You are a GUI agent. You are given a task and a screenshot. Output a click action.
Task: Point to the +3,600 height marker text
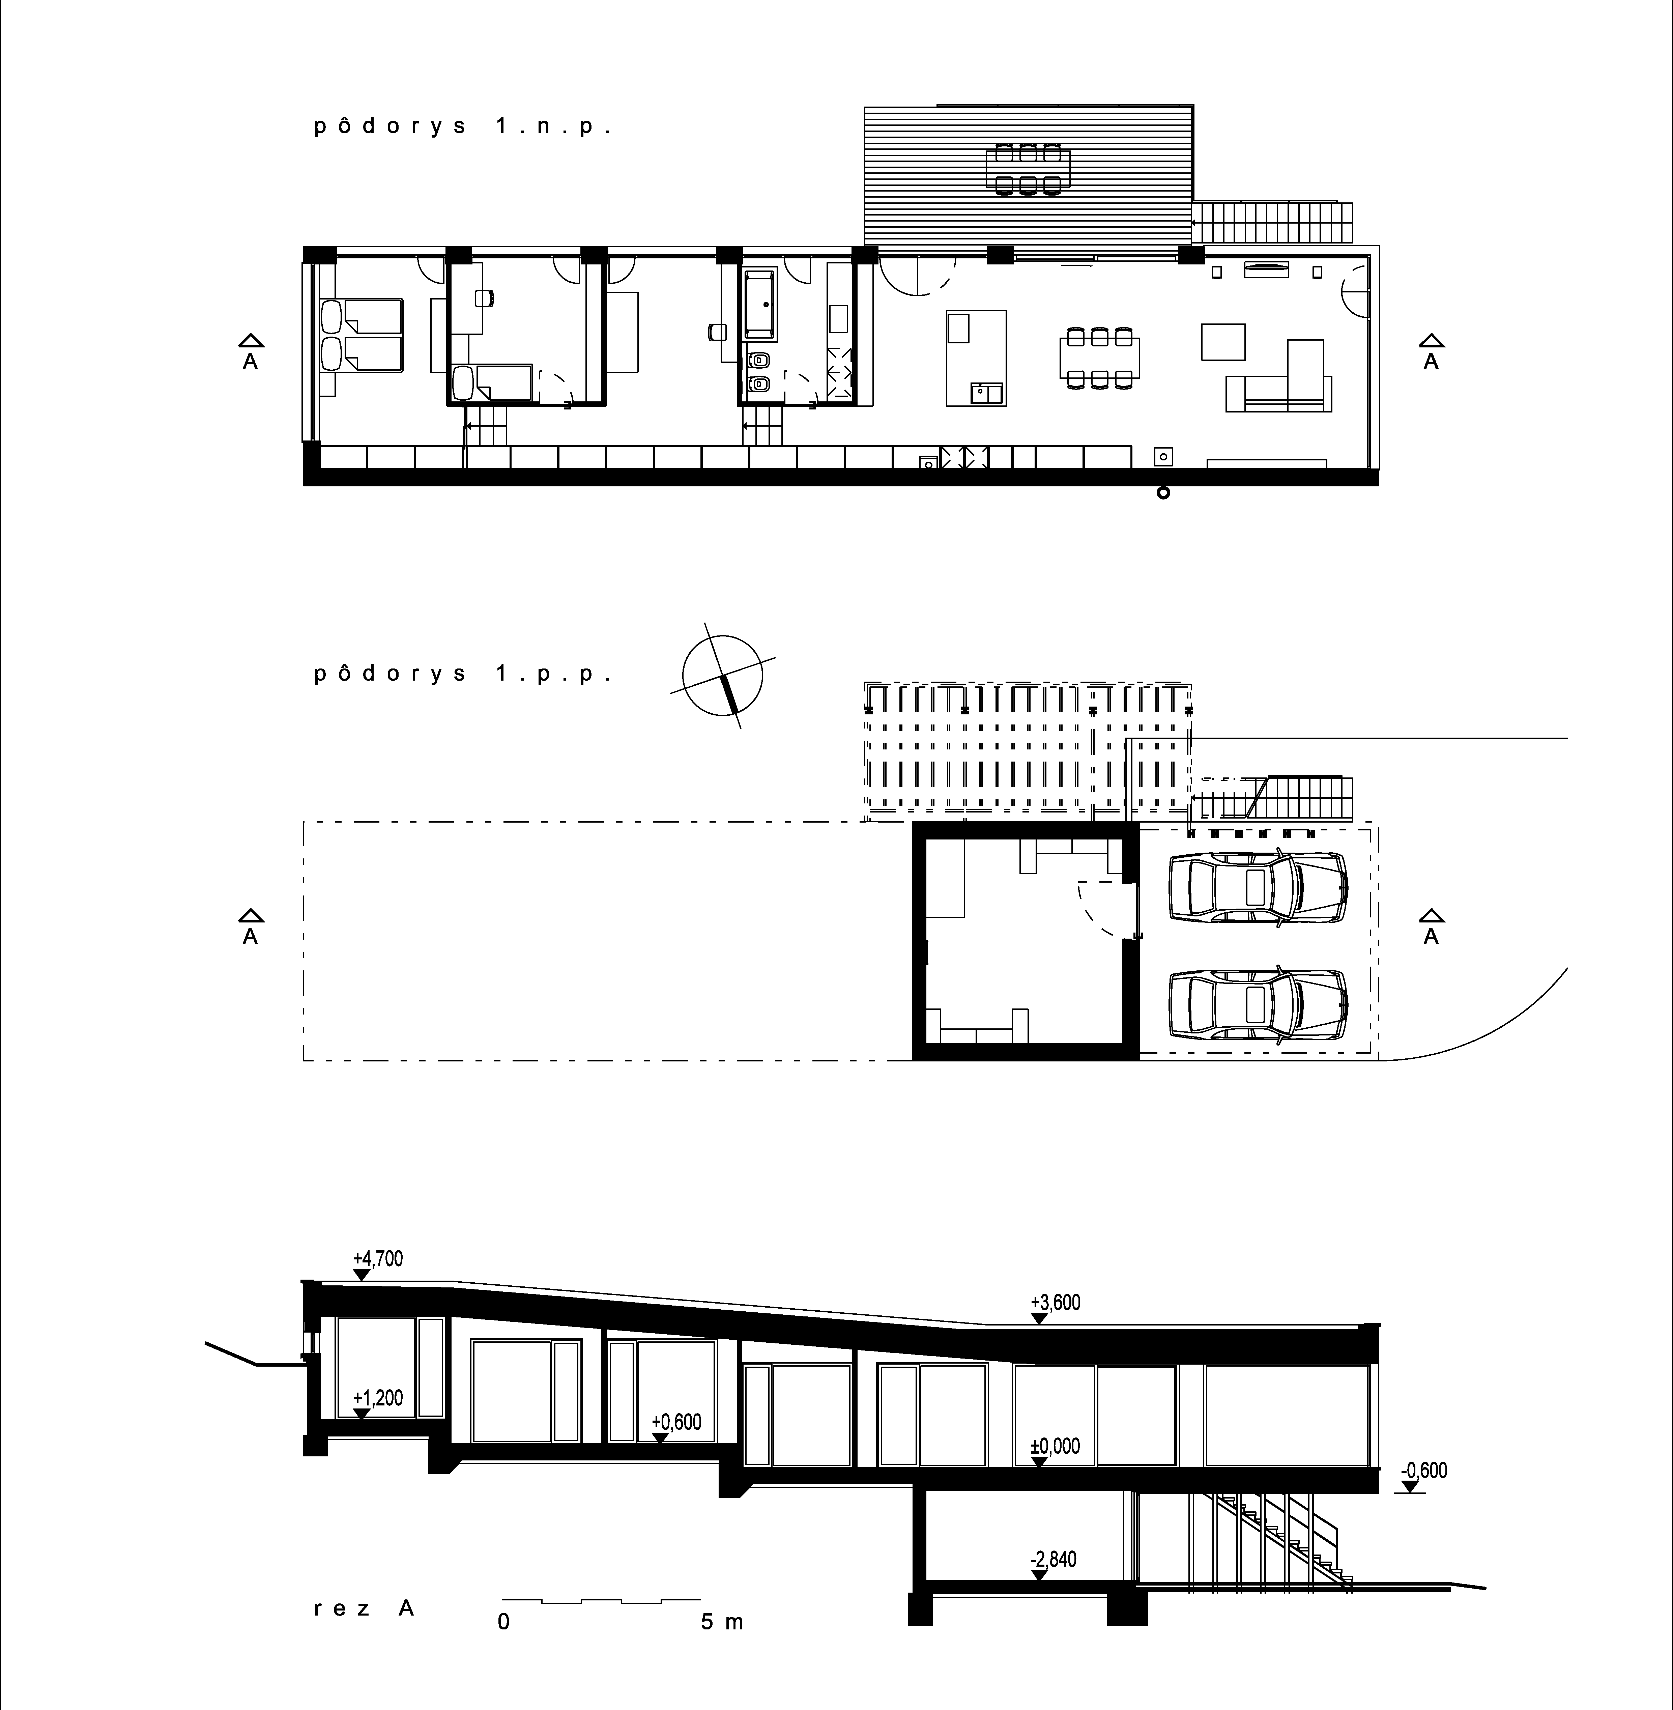1055,1302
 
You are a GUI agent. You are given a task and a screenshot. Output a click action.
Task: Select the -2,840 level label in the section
1054,1560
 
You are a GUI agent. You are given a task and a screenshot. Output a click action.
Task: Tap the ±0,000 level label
1055,1446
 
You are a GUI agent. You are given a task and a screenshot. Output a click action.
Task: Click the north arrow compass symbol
722,675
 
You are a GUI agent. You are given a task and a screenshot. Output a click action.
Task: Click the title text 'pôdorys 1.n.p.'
462,126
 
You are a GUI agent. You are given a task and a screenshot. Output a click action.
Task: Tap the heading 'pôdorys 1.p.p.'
462,674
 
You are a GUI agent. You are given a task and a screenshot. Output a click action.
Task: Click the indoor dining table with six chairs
1099,358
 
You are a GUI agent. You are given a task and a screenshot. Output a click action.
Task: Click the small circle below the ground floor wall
1163,493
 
